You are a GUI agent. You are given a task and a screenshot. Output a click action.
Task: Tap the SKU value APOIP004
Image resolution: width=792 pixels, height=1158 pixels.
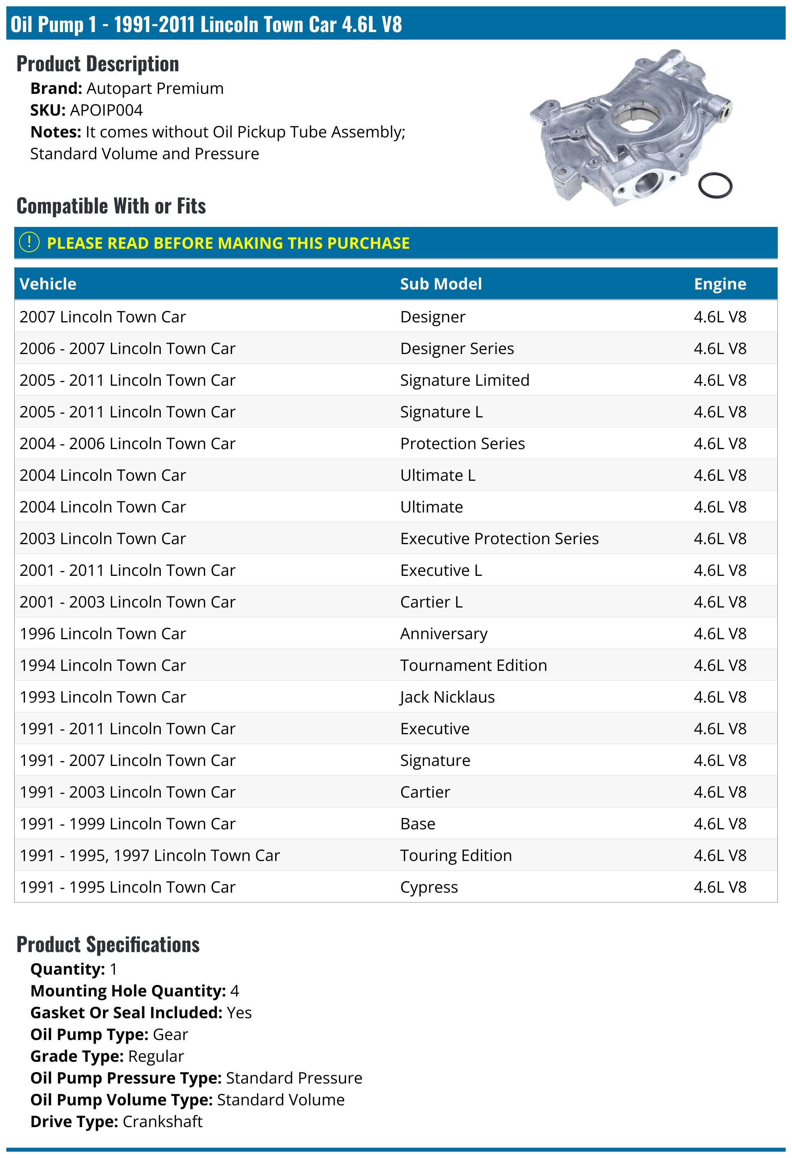107,110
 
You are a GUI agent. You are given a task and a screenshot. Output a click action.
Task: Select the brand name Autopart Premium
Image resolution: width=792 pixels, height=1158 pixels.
155,88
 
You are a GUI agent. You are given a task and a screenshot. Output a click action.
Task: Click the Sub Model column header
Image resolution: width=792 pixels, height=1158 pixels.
441,284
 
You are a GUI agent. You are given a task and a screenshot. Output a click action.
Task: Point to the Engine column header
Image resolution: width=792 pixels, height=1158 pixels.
720,284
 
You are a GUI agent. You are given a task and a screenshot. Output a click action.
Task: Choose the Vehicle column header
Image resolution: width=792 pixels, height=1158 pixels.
48,284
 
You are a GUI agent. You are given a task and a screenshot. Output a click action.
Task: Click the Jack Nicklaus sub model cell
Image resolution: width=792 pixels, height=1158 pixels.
447,697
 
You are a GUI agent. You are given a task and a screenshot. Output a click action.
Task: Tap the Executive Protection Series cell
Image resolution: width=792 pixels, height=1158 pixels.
499,538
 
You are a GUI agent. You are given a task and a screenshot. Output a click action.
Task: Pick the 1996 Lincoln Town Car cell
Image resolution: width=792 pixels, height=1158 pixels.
103,633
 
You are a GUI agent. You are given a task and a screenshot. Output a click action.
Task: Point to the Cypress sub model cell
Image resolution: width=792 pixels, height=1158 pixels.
429,887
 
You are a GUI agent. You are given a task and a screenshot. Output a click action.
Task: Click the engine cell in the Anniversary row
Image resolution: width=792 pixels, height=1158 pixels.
720,633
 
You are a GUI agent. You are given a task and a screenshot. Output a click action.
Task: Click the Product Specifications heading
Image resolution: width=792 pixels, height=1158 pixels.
108,944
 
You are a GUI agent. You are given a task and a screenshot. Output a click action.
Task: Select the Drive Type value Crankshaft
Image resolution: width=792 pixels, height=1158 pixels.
162,1121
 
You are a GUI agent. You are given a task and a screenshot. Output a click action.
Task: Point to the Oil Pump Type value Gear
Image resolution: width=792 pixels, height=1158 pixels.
170,1034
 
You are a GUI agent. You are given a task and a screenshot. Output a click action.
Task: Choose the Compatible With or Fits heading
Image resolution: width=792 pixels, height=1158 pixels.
111,206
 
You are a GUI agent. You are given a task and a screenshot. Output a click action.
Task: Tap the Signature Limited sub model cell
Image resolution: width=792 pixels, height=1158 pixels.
465,380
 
